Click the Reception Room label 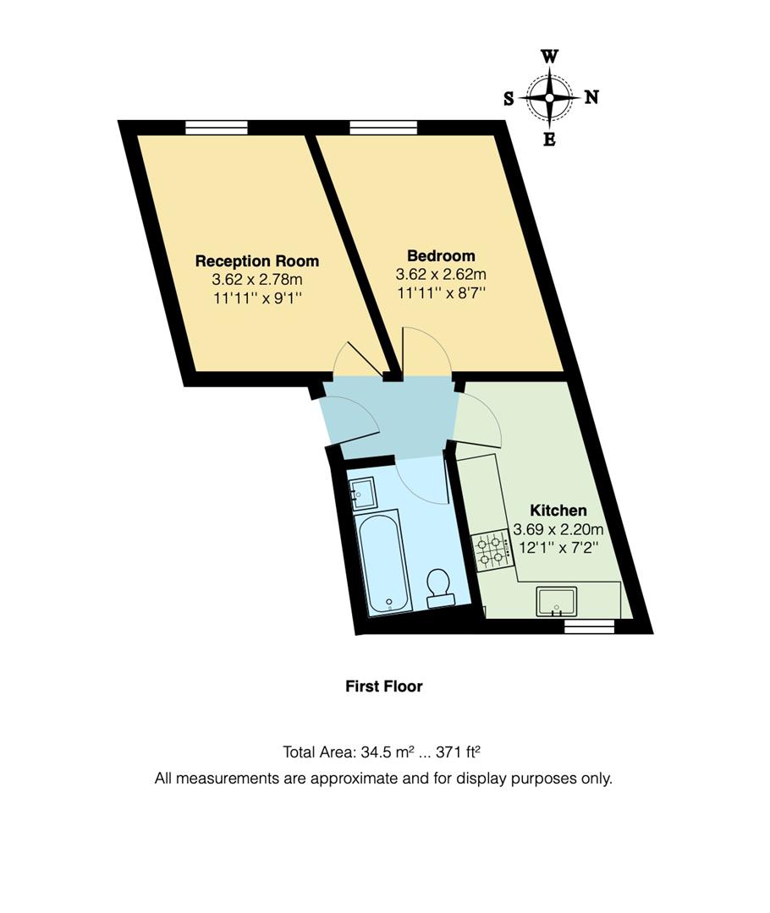pos(257,260)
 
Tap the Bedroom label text pos(441,255)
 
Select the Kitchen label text pos(558,511)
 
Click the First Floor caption pos(383,686)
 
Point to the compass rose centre pos(549,98)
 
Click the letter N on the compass pos(591,97)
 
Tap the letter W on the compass pos(549,57)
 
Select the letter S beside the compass pos(509,98)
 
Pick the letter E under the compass pos(549,140)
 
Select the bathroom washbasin pos(362,491)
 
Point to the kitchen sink pos(556,601)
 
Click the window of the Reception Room pos(217,128)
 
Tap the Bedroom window pos(383,128)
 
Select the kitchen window pos(589,626)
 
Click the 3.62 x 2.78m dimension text pos(257,279)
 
